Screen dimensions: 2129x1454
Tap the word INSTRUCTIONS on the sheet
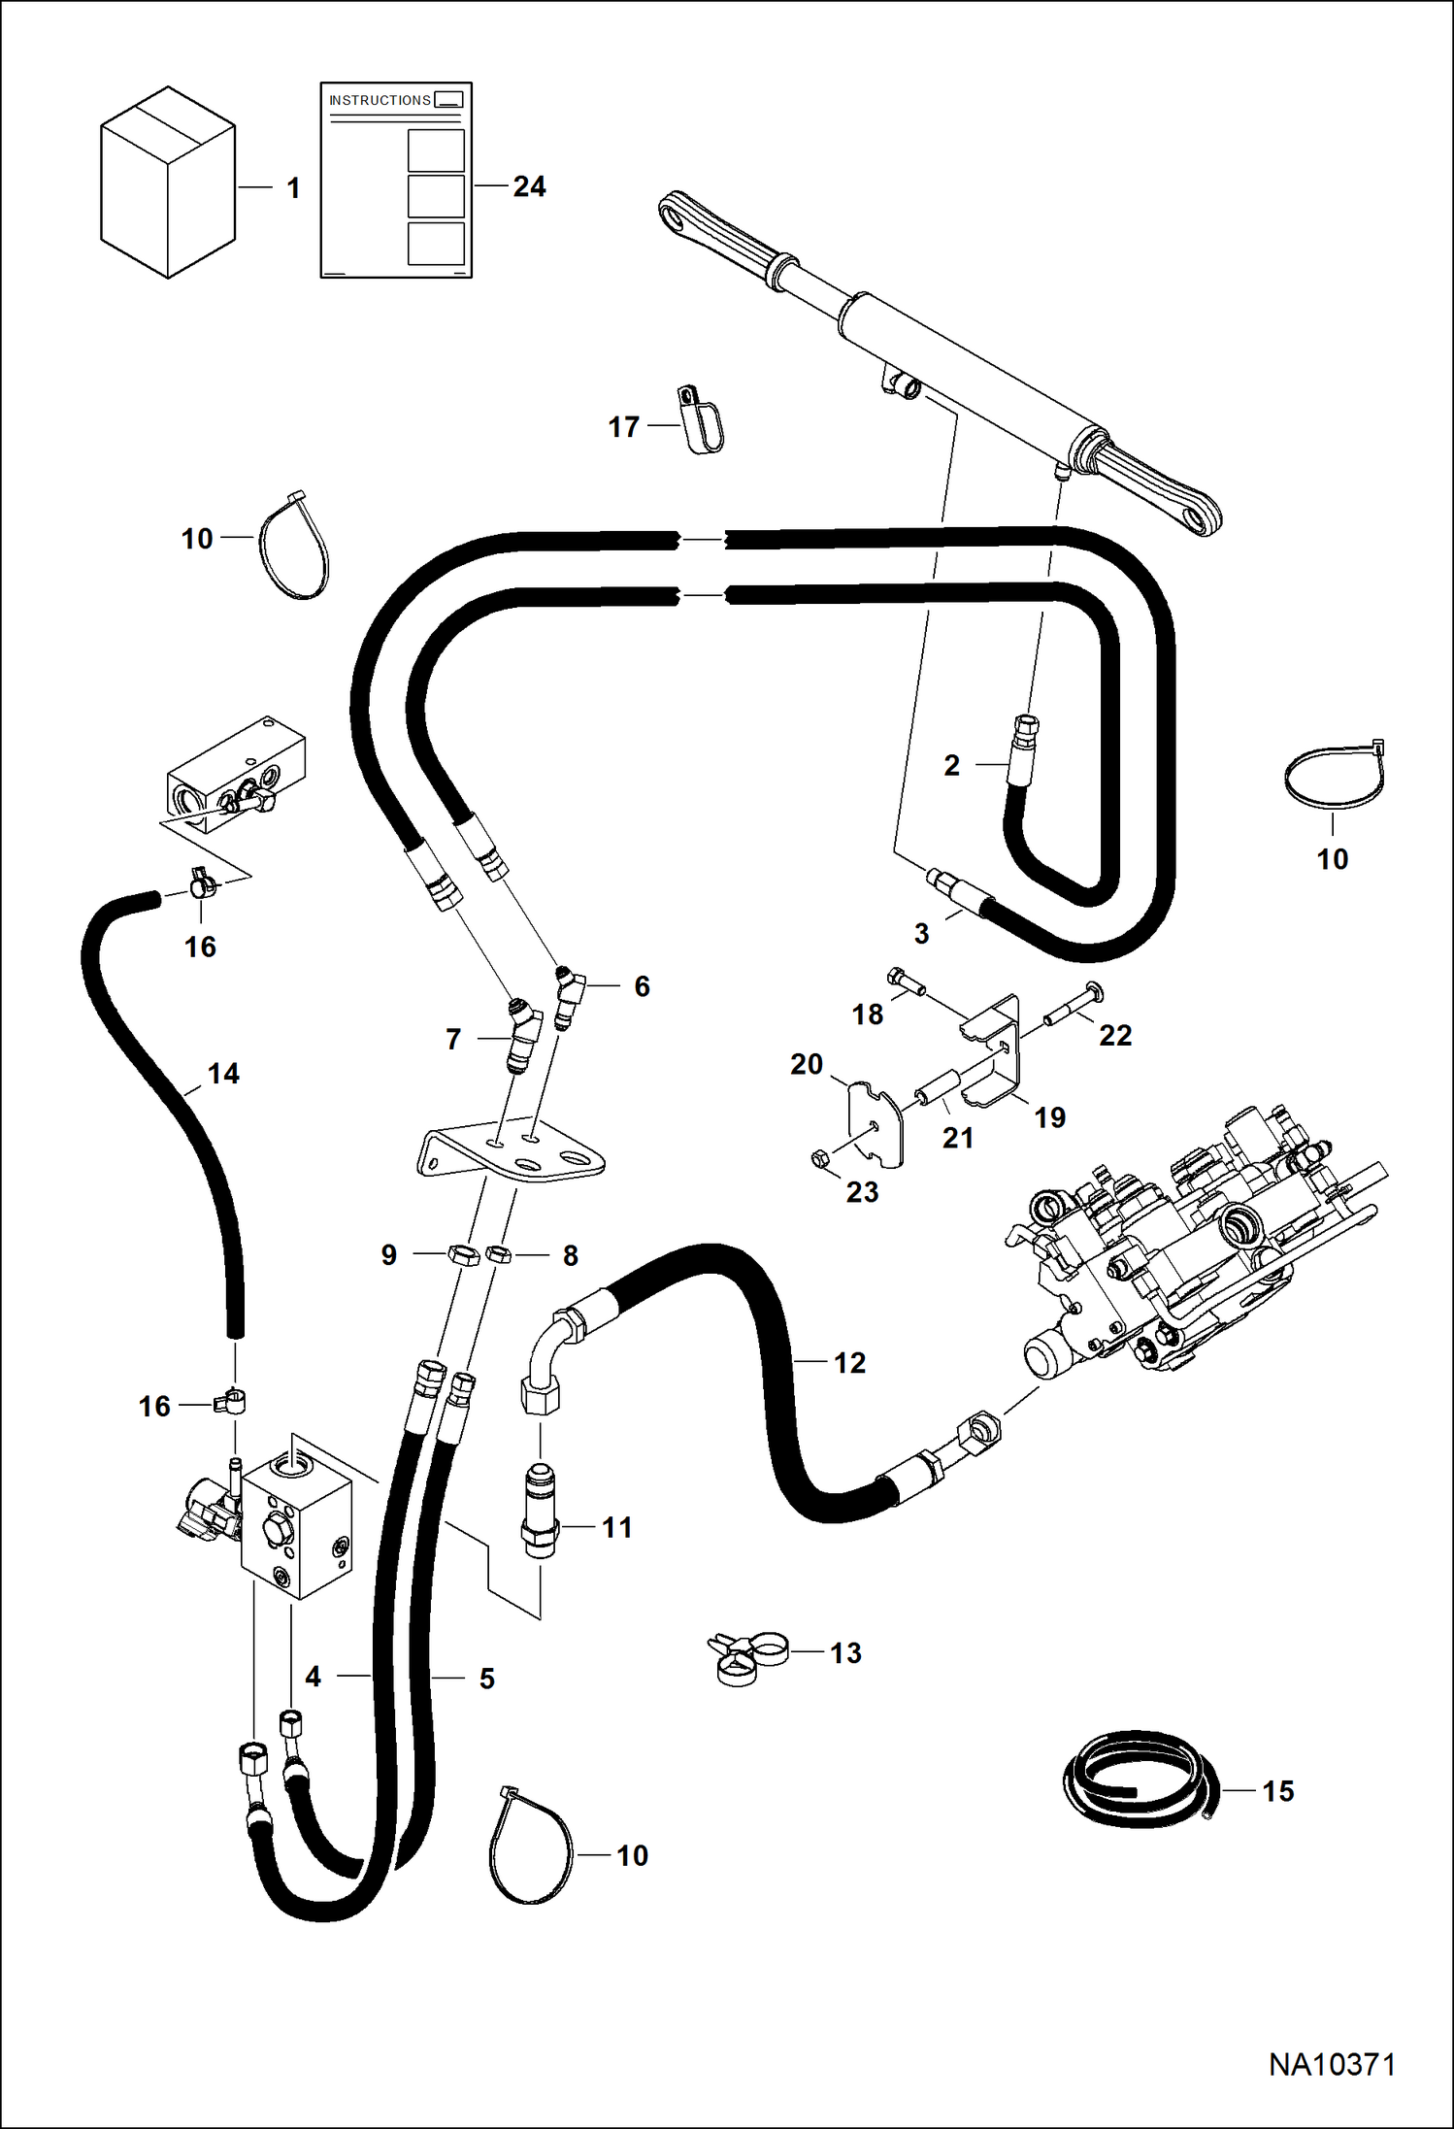click(x=380, y=100)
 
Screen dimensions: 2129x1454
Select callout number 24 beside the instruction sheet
click(x=529, y=186)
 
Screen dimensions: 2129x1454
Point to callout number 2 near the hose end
click(x=951, y=765)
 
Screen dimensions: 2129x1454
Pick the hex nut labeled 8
click(x=499, y=1254)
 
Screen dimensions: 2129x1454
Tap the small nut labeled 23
click(x=819, y=1158)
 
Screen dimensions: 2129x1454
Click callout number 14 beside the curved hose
click(x=223, y=1073)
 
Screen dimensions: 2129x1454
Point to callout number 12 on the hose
click(x=849, y=1362)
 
